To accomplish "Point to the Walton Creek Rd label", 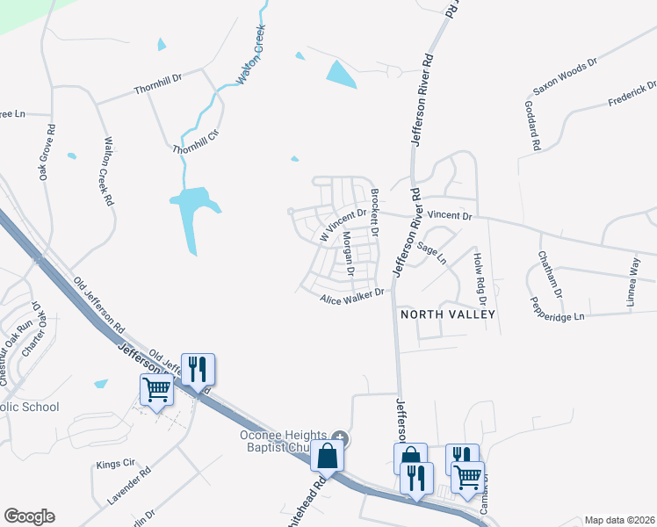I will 108,170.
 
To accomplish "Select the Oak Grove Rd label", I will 47,152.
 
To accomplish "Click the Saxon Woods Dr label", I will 565,76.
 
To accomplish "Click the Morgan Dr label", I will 348,254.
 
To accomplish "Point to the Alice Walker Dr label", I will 352,297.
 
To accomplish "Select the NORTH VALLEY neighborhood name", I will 448,314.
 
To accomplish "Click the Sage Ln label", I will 431,254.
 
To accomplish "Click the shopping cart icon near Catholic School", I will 156,388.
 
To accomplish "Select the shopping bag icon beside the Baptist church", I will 326,456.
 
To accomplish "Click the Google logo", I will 29,516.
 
